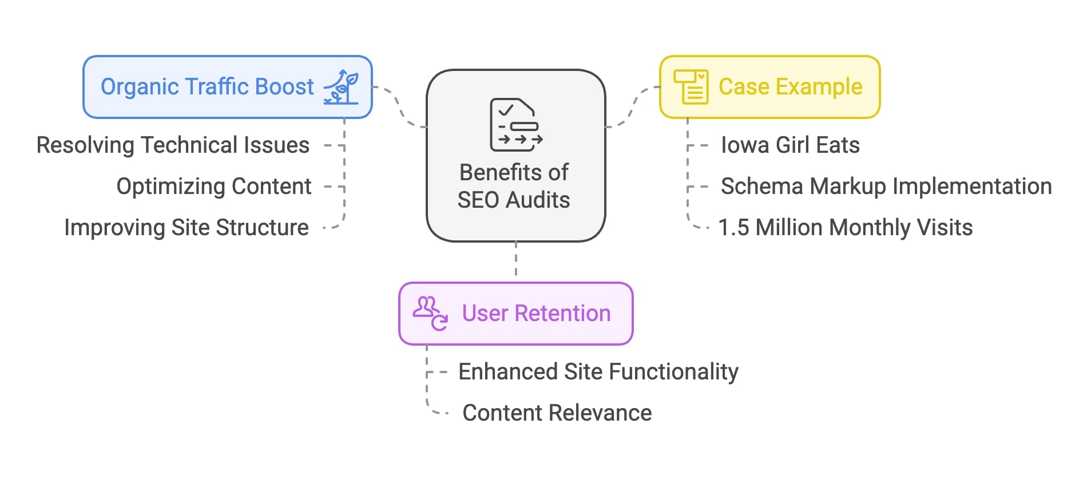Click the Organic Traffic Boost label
tap(207, 87)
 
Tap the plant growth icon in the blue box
tap(342, 87)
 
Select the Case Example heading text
tap(790, 87)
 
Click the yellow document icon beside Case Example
tap(691, 87)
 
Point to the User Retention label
tap(536, 314)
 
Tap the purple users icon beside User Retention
tap(430, 314)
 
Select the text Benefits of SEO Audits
tap(514, 186)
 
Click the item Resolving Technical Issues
tap(173, 145)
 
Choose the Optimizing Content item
tap(214, 187)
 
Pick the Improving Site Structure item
tap(187, 228)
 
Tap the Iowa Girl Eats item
tap(790, 145)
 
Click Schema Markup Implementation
tap(886, 187)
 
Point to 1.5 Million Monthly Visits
tap(846, 228)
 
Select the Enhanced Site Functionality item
tap(598, 372)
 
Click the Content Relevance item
tap(557, 413)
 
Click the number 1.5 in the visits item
tap(733, 228)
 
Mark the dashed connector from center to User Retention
tap(516, 259)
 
